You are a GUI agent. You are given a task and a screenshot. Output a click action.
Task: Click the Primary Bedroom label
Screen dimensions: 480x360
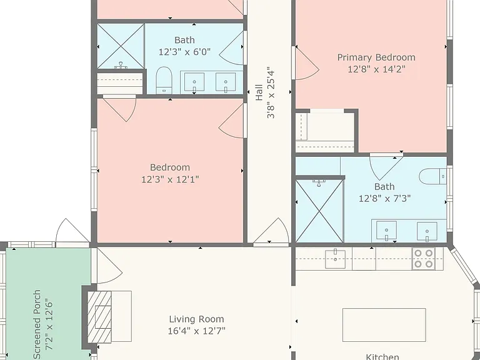[376, 57]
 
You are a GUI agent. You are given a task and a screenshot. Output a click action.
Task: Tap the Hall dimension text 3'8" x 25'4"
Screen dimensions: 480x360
[271, 92]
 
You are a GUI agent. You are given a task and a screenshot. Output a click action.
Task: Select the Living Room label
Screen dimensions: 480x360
[196, 319]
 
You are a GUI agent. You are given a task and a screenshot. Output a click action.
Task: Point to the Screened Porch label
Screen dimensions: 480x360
[37, 324]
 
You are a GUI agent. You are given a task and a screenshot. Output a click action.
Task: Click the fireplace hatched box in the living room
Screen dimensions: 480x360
[99, 317]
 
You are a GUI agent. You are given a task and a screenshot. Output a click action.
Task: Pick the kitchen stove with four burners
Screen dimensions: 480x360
[423, 259]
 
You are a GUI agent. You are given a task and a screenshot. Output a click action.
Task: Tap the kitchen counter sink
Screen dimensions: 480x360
[335, 259]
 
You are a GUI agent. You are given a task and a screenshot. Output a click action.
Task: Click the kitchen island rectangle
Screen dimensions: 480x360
[384, 325]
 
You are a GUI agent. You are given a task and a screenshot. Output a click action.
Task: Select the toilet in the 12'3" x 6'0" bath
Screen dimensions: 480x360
[164, 80]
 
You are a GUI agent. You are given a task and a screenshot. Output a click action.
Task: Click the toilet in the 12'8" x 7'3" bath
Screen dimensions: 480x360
[432, 176]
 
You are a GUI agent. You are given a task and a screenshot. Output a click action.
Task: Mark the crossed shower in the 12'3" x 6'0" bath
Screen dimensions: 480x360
[121, 46]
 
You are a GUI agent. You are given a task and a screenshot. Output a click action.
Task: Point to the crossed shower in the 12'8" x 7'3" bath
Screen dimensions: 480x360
[319, 211]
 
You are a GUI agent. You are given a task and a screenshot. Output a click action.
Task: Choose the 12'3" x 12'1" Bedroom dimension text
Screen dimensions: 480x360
[170, 179]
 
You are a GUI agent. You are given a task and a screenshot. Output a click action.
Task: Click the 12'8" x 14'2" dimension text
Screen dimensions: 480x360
[376, 69]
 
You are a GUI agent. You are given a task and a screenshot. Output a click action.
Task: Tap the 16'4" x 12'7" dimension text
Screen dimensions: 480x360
[196, 331]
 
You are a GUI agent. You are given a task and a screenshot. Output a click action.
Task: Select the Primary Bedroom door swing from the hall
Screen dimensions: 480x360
[307, 64]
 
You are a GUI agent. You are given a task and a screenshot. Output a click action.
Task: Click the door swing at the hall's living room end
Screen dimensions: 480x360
[271, 230]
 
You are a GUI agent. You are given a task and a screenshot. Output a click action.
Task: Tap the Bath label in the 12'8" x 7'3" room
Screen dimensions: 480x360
[384, 187]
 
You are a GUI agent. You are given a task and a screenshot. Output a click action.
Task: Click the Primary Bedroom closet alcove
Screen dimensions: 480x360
[325, 131]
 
